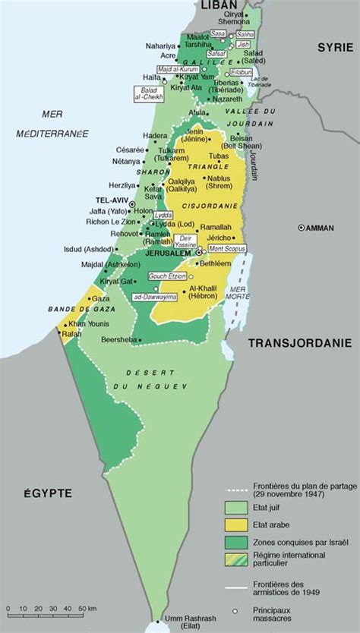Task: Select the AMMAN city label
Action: (319, 228)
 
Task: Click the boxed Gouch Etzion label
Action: (166, 276)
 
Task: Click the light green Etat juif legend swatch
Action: (236, 506)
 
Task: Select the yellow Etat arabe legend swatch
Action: (236, 524)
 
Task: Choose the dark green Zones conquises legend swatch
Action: (236, 541)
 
